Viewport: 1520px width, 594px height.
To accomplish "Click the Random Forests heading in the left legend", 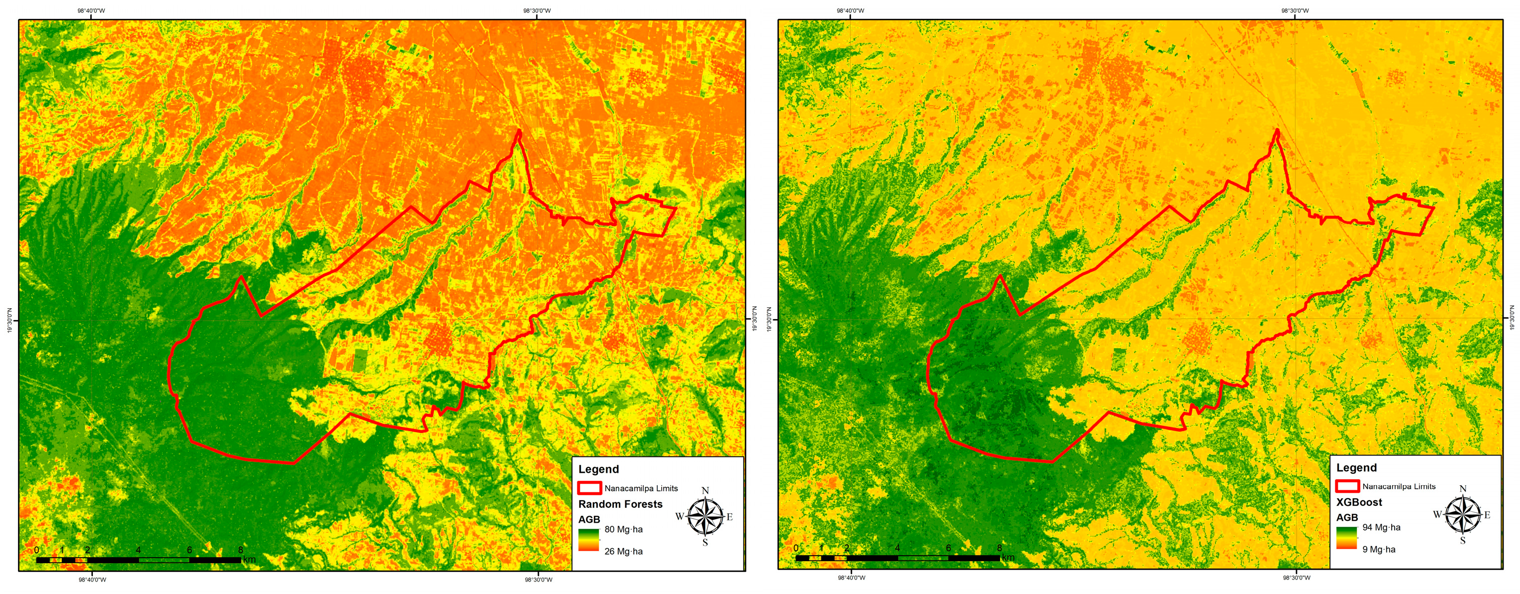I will coord(620,504).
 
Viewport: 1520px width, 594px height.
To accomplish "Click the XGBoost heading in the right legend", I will coord(1359,503).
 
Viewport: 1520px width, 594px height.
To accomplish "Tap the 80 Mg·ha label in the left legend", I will coord(623,530).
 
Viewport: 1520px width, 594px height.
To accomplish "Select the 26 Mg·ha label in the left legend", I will coord(623,552).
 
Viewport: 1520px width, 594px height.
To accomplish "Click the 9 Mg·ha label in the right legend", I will coord(1378,550).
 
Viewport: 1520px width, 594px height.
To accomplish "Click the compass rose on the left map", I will coord(705,517).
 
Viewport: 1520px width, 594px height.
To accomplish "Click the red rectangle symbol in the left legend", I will coord(589,488).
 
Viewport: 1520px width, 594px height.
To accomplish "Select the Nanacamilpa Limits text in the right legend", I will coord(1398,487).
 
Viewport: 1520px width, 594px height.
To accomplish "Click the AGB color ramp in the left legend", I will coord(588,540).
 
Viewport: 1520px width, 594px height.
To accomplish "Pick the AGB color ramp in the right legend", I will coord(1346,538).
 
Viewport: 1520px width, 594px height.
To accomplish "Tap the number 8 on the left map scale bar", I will coord(240,550).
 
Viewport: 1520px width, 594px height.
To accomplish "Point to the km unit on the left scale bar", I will coord(249,559).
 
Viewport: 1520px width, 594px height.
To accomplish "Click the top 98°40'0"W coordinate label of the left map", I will coord(91,10).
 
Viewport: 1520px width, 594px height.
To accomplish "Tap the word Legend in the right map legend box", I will coord(1356,468).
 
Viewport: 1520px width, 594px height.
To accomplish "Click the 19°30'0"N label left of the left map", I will coord(10,320).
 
